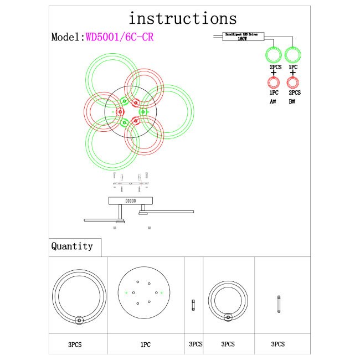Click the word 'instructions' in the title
[x=183, y=18]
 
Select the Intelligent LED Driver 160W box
[x=242, y=37]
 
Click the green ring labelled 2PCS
[x=274, y=55]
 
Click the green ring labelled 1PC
[x=292, y=55]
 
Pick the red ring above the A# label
[x=274, y=83]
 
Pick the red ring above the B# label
[x=293, y=83]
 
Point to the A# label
[x=274, y=102]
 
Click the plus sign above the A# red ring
[x=274, y=73]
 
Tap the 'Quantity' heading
[x=72, y=246]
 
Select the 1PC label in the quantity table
[x=145, y=344]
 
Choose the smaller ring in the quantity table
[x=227, y=300]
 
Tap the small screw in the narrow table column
[x=193, y=305]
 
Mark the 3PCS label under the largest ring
[x=75, y=344]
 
